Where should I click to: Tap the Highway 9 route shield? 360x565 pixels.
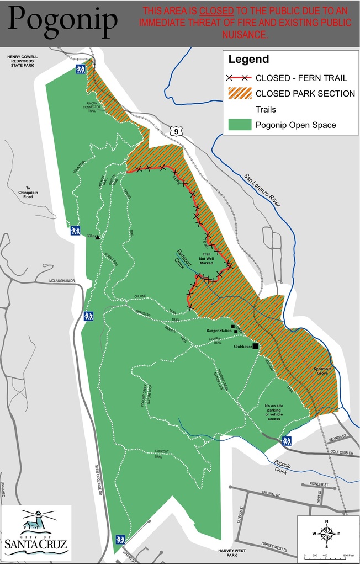pyautogui.click(x=175, y=131)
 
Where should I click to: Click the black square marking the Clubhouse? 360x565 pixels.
pyautogui.click(x=256, y=347)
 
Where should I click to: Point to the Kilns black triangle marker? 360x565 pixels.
pyautogui.click(x=98, y=237)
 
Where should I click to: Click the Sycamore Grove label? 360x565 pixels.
pyautogui.click(x=323, y=371)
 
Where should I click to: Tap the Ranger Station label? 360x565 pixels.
pyautogui.click(x=219, y=331)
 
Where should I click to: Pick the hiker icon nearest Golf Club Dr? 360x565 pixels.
pyautogui.click(x=287, y=441)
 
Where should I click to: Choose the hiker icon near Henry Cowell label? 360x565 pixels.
pyautogui.click(x=81, y=70)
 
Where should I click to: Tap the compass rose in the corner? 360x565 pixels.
pyautogui.click(x=326, y=534)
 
